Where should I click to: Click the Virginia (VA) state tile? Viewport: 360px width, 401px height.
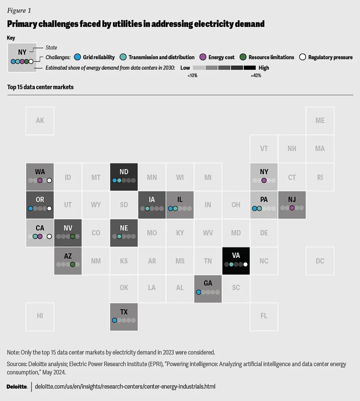[236, 260]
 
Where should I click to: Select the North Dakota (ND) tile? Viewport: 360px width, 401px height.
[124, 177]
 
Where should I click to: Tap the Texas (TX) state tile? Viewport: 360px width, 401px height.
[124, 316]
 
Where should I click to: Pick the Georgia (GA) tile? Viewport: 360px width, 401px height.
[208, 289]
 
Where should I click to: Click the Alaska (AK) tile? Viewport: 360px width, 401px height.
[40, 121]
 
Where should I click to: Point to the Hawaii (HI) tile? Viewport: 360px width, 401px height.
[40, 316]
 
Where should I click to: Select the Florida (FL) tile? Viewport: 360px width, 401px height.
[264, 316]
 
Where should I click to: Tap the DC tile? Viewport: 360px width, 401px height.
[320, 260]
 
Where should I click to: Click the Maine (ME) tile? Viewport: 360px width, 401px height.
[320, 121]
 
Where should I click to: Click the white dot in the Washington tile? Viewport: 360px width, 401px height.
[49, 181]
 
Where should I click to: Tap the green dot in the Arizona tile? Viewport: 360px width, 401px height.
[72, 264]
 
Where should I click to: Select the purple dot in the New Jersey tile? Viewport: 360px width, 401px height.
[292, 208]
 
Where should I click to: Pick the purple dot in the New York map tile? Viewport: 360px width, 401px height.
[264, 181]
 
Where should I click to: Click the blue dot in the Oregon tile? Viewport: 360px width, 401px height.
[31, 208]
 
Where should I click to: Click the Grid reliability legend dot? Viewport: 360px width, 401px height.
[78, 57]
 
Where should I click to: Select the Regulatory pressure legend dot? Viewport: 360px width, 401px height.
[302, 57]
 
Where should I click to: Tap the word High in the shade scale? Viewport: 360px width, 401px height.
[264, 68]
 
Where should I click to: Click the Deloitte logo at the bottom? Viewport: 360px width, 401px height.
[17, 387]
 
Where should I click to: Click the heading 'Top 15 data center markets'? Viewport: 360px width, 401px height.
[40, 87]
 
